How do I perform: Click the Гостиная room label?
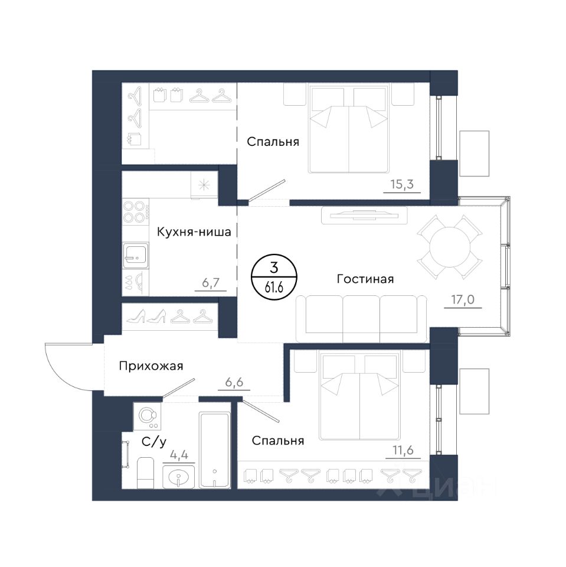(x=365, y=279)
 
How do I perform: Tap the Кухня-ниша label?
(x=194, y=232)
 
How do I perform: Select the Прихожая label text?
(x=151, y=366)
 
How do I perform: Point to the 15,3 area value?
(x=402, y=184)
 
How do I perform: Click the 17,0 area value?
(x=463, y=299)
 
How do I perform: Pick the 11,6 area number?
(x=403, y=451)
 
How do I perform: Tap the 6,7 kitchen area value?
(x=211, y=282)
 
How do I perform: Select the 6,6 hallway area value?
(x=234, y=382)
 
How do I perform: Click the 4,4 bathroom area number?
(x=179, y=455)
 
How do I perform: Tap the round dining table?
(x=450, y=247)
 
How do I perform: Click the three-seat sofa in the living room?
(x=361, y=318)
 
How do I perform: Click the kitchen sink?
(x=136, y=256)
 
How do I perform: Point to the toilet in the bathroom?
(x=145, y=472)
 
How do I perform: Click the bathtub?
(x=215, y=451)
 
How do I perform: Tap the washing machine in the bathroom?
(x=147, y=416)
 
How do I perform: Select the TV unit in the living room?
(x=364, y=216)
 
